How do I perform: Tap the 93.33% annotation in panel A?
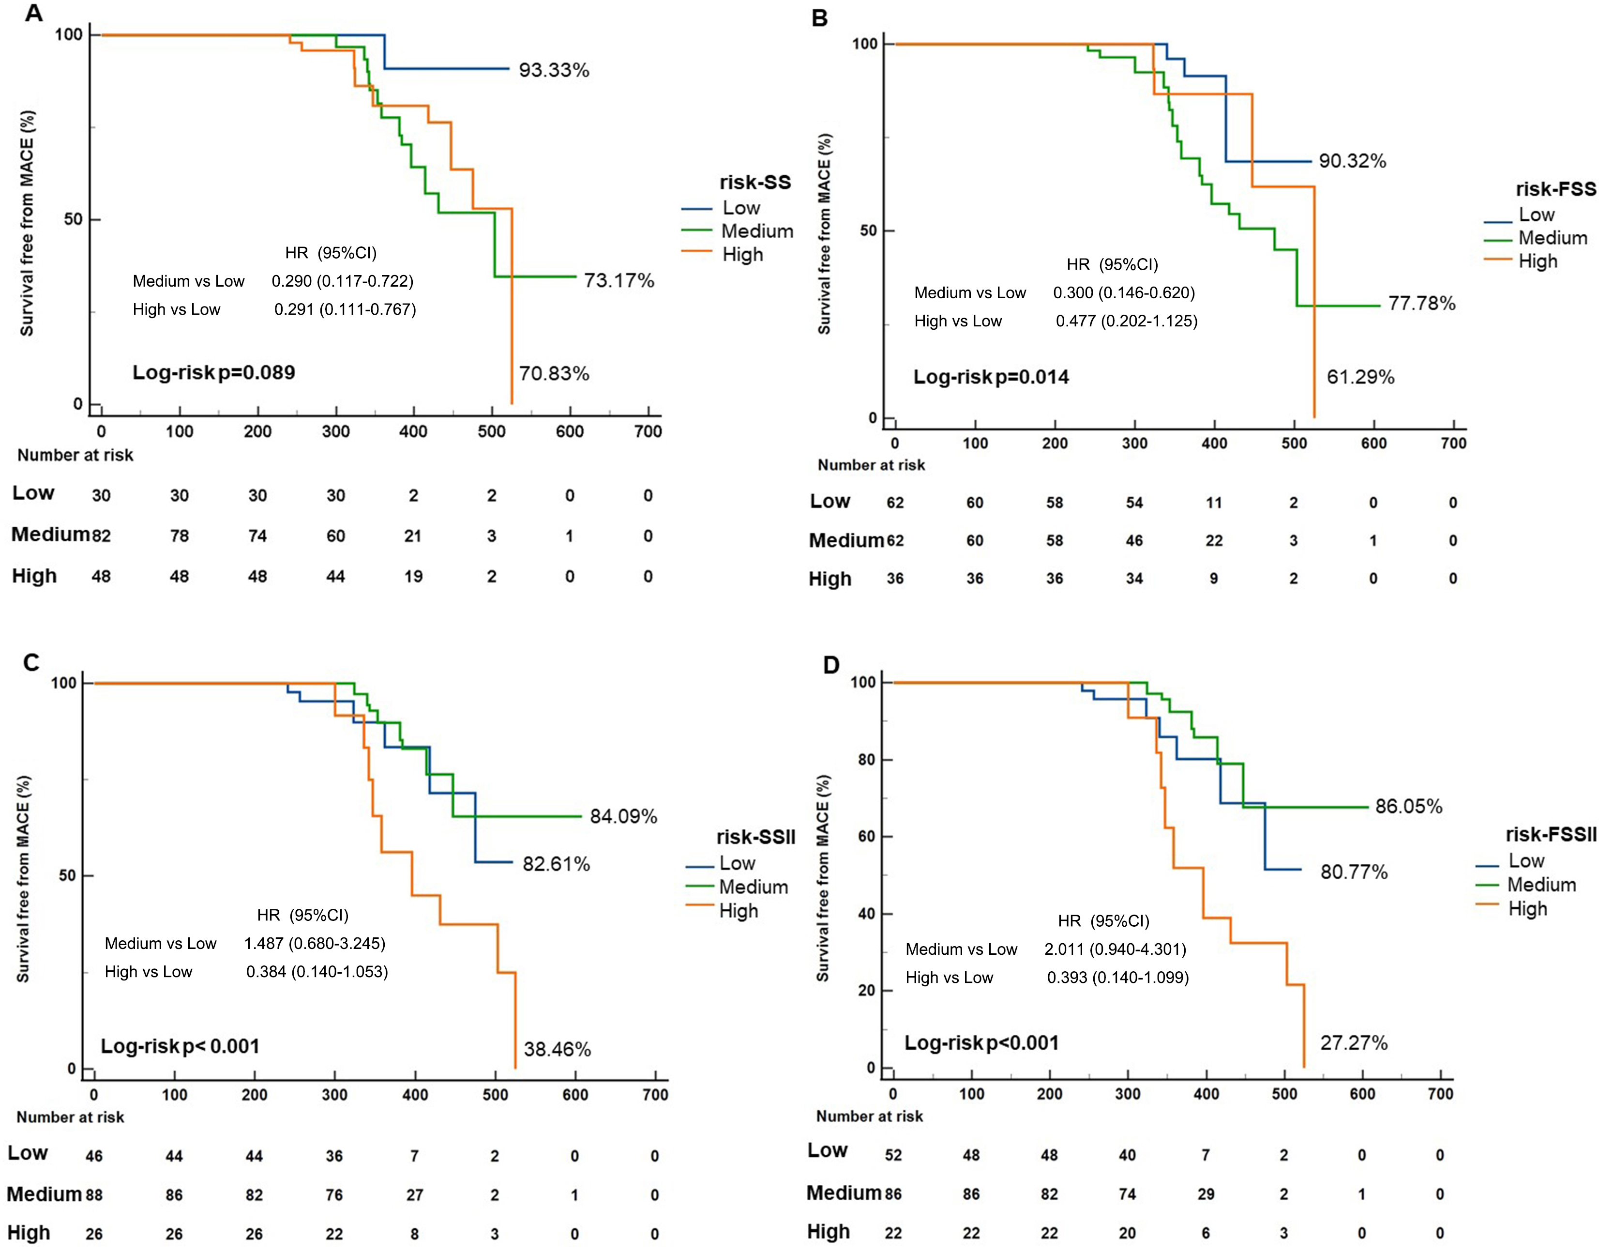(554, 71)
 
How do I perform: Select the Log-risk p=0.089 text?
(214, 372)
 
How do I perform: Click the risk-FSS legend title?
(1555, 190)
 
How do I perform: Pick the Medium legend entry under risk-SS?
(756, 231)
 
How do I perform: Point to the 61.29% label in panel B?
(1359, 378)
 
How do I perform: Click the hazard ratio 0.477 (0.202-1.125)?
(1126, 321)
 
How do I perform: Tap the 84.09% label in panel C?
(623, 816)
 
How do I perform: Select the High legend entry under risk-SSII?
(738, 911)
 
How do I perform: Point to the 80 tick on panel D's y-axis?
(867, 760)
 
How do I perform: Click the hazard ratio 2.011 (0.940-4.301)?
(1115, 949)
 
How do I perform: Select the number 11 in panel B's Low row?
(1213, 504)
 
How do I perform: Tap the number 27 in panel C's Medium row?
(414, 1195)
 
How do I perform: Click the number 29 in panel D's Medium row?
(1206, 1194)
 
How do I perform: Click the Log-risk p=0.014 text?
(991, 378)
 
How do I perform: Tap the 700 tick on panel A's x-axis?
(647, 432)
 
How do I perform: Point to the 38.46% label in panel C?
(557, 1049)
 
